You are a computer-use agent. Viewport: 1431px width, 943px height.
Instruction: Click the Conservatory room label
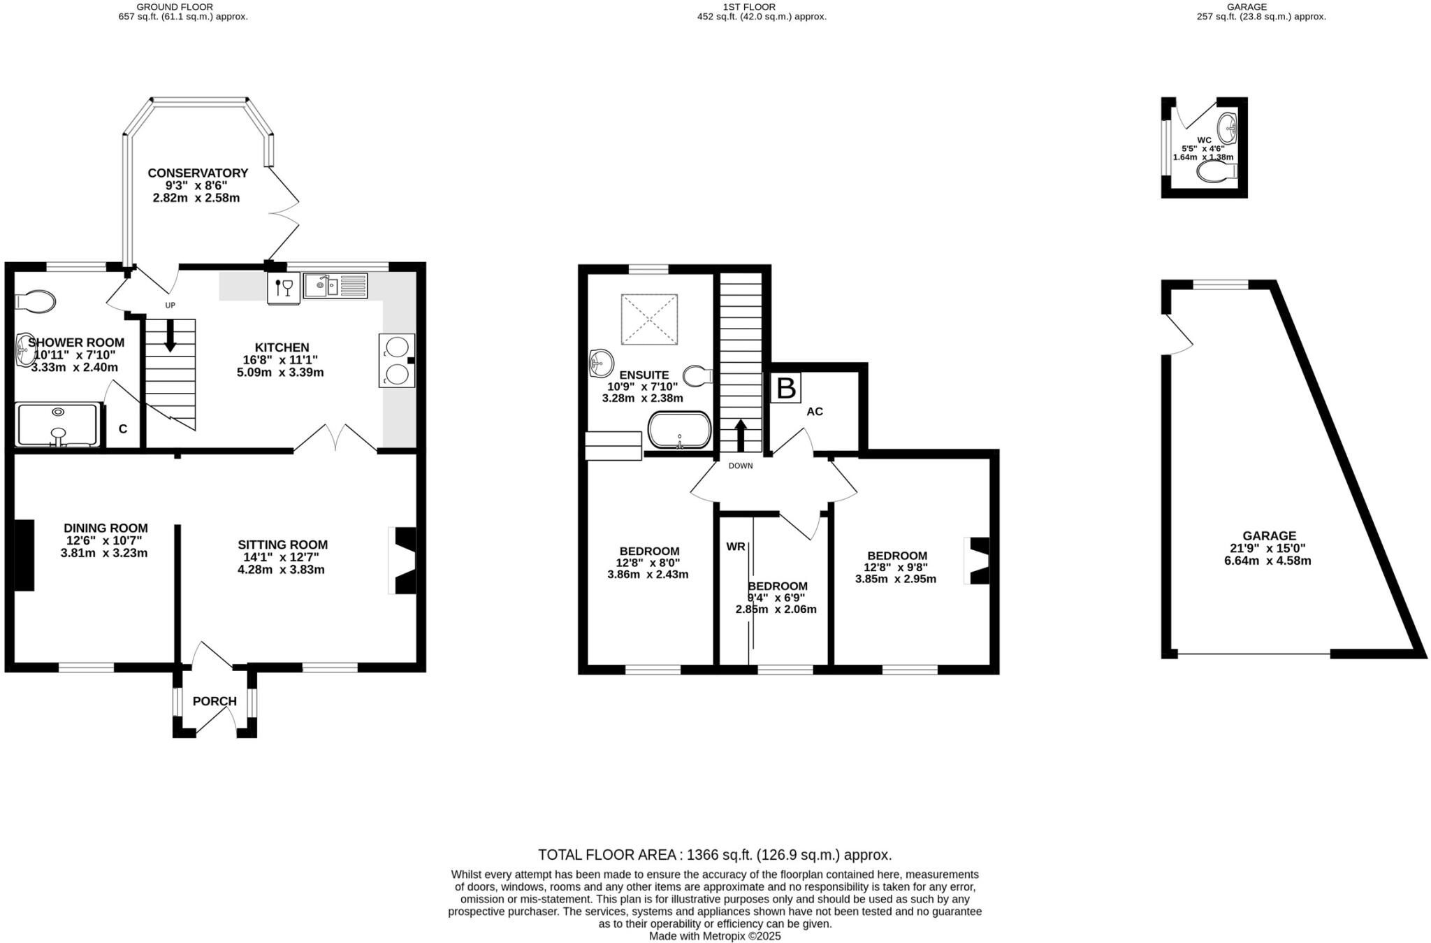198,173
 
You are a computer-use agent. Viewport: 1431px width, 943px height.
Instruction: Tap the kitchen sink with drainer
335,286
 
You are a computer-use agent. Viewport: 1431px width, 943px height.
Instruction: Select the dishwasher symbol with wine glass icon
284,287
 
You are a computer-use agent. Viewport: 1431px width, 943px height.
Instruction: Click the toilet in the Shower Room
35,302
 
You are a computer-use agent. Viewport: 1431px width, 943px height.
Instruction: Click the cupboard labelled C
123,429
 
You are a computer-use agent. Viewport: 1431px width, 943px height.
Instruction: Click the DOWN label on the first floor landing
741,466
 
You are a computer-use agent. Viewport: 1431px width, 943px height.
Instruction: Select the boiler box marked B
786,388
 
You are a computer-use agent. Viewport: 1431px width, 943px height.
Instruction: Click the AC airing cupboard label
815,412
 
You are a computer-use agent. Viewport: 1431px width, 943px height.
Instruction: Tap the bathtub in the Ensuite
679,430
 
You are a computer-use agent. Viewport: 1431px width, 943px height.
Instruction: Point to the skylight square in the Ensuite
649,319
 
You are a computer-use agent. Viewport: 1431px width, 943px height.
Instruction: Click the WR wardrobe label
735,547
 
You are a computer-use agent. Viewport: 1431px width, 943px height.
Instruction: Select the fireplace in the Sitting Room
404,561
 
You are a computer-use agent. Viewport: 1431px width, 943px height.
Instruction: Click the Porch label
215,701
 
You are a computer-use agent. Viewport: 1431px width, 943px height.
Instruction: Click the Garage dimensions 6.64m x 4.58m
1267,561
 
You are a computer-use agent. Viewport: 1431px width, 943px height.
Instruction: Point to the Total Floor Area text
715,854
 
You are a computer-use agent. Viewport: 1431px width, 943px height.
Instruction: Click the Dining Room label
106,528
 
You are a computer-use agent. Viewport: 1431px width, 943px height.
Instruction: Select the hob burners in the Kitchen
396,361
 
